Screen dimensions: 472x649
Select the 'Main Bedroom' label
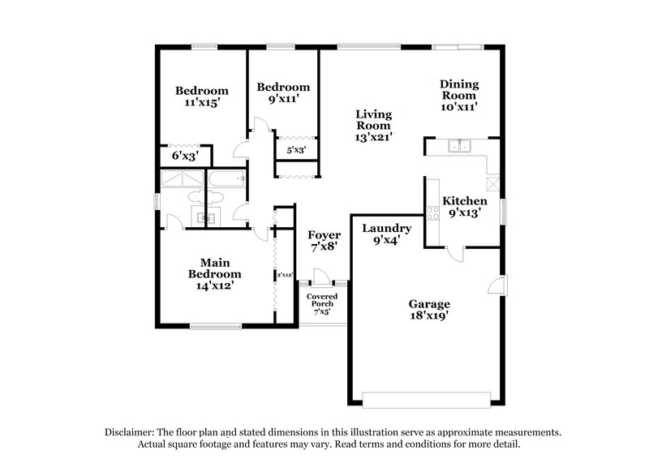click(215, 268)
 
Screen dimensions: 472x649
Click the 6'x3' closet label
click(184, 154)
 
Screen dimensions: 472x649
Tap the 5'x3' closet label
click(294, 150)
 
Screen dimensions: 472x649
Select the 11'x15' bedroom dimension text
click(202, 103)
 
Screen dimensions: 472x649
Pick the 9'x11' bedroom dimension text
click(283, 99)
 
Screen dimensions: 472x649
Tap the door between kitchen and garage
click(457, 251)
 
